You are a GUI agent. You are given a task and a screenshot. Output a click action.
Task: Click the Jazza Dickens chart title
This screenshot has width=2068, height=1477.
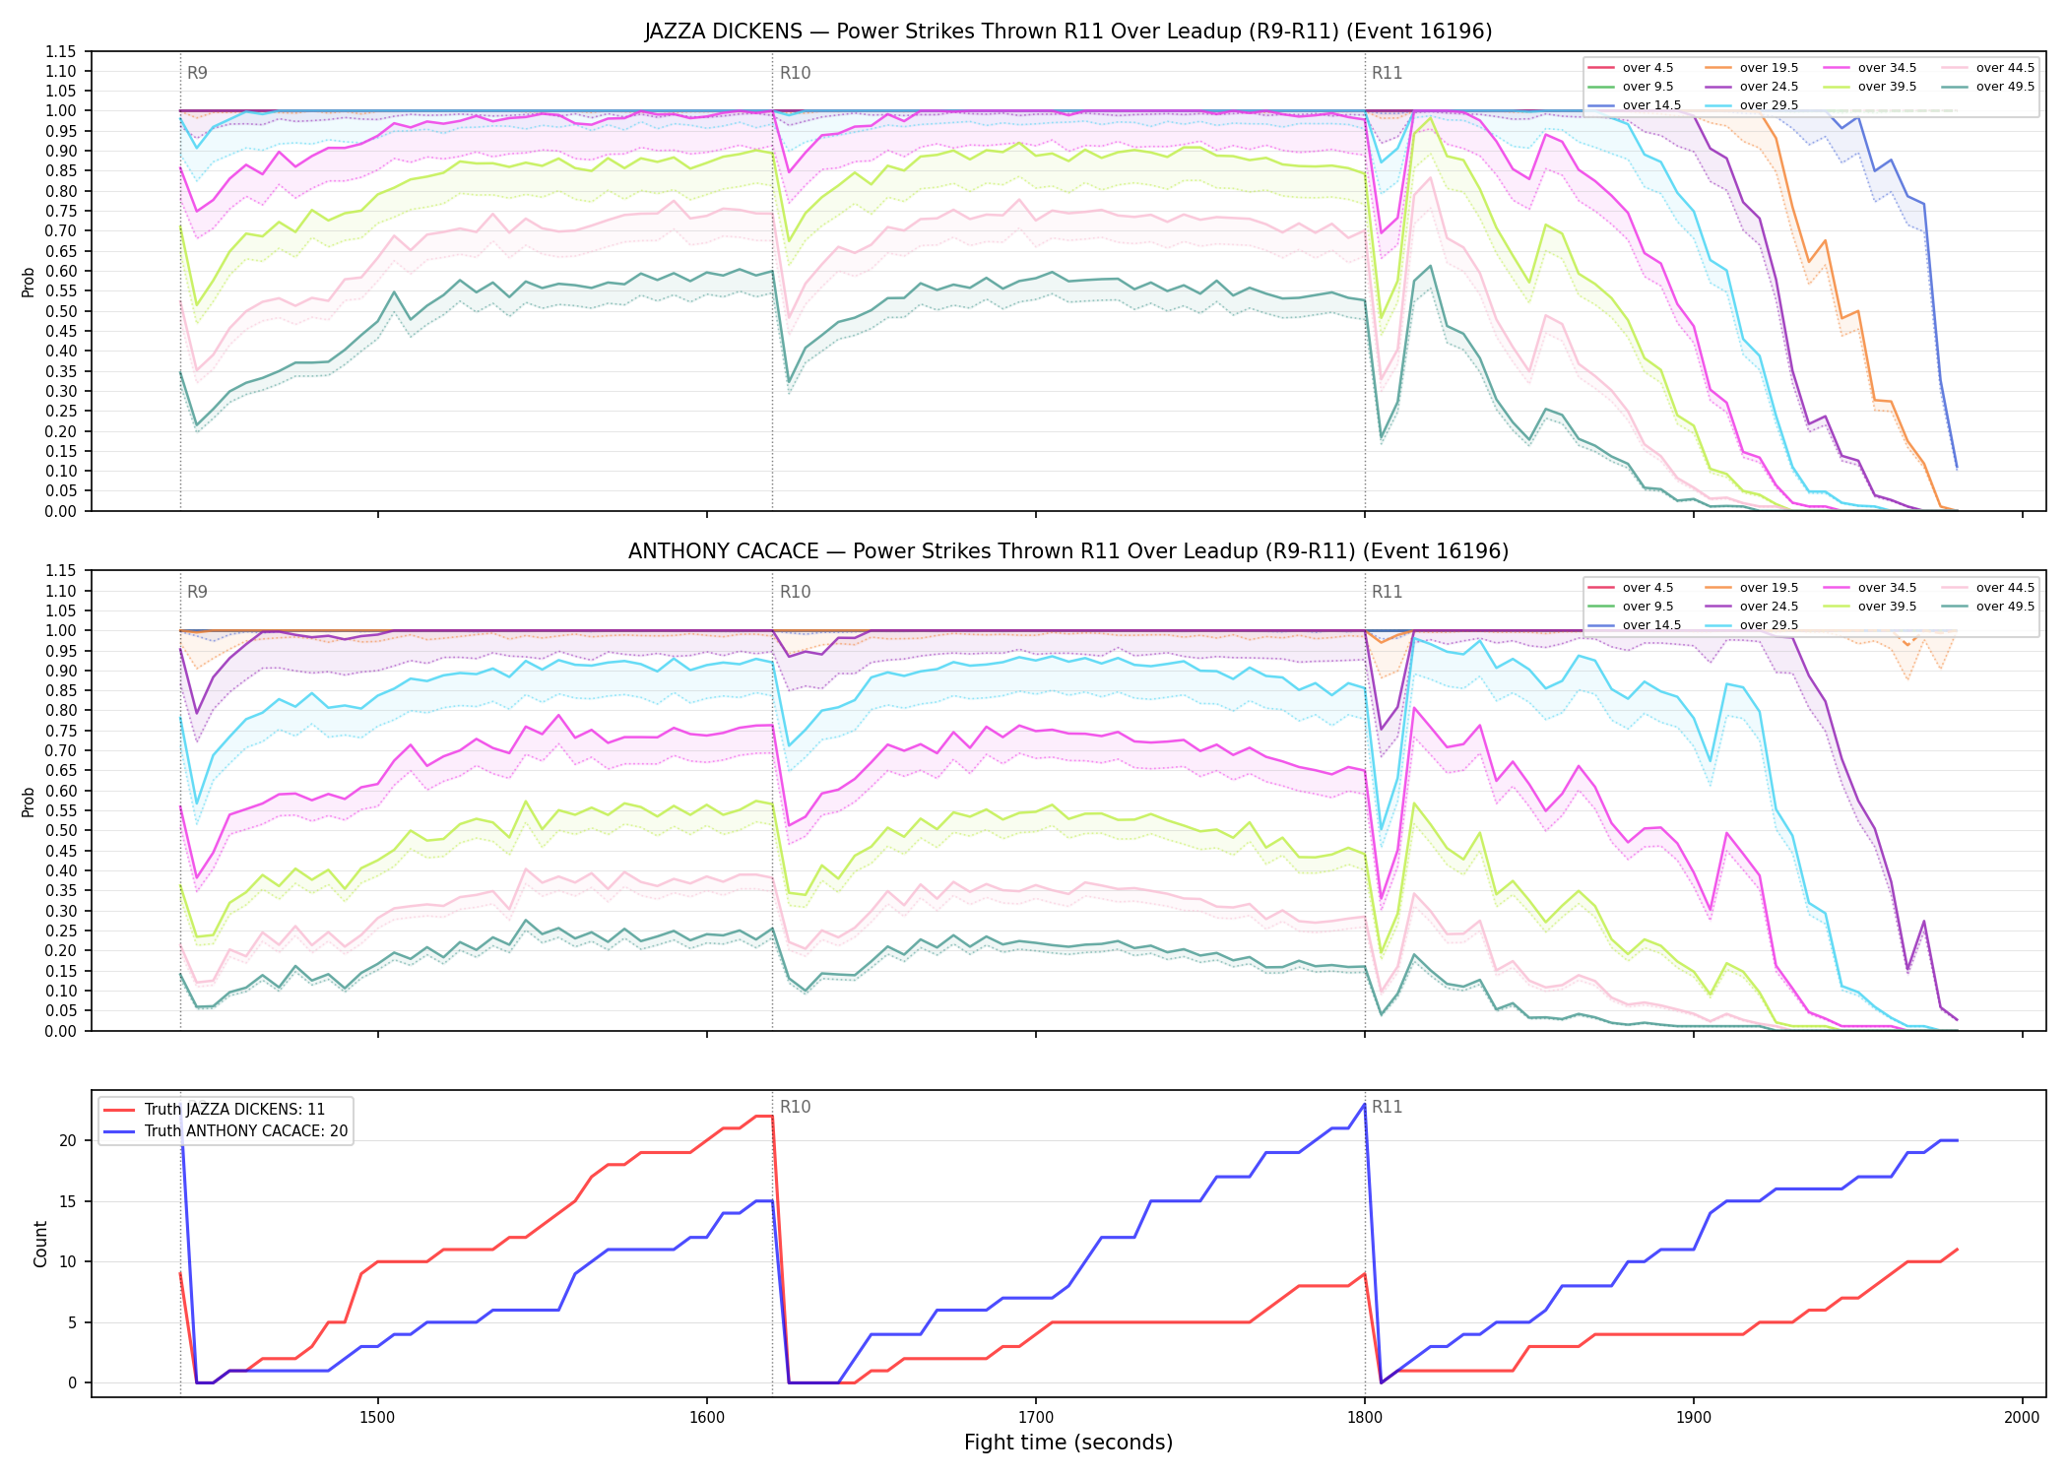(x=1068, y=32)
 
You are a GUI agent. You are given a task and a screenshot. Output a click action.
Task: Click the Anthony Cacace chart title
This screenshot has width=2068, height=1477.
(x=1068, y=551)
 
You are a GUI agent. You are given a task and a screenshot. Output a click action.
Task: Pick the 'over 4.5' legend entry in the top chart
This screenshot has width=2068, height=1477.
(x=1630, y=68)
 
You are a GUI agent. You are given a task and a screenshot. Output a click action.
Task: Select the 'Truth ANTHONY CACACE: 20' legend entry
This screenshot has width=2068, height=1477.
(x=226, y=1131)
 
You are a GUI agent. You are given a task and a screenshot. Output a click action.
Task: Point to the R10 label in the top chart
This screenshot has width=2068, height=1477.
(x=795, y=73)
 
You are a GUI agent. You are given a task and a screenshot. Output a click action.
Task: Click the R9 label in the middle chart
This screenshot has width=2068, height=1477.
(x=197, y=592)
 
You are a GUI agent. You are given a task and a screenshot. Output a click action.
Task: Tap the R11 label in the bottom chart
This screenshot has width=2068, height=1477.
(x=1387, y=1107)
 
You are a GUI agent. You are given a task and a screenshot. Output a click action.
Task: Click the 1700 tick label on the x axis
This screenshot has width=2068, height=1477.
(x=1035, y=1417)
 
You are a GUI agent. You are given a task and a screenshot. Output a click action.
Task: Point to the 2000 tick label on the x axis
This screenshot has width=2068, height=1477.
(x=2022, y=1417)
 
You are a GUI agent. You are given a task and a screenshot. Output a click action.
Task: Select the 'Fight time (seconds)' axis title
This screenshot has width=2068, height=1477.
(x=1068, y=1443)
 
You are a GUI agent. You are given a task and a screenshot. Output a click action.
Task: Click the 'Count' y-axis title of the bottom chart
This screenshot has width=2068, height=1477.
(x=40, y=1244)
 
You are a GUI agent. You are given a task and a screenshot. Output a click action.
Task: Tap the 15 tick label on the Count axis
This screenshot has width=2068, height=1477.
(x=69, y=1201)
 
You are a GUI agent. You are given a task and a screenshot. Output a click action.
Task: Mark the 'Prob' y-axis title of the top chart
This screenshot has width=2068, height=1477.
(x=29, y=282)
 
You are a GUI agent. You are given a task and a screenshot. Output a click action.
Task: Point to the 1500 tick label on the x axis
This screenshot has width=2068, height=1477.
(x=378, y=1417)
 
